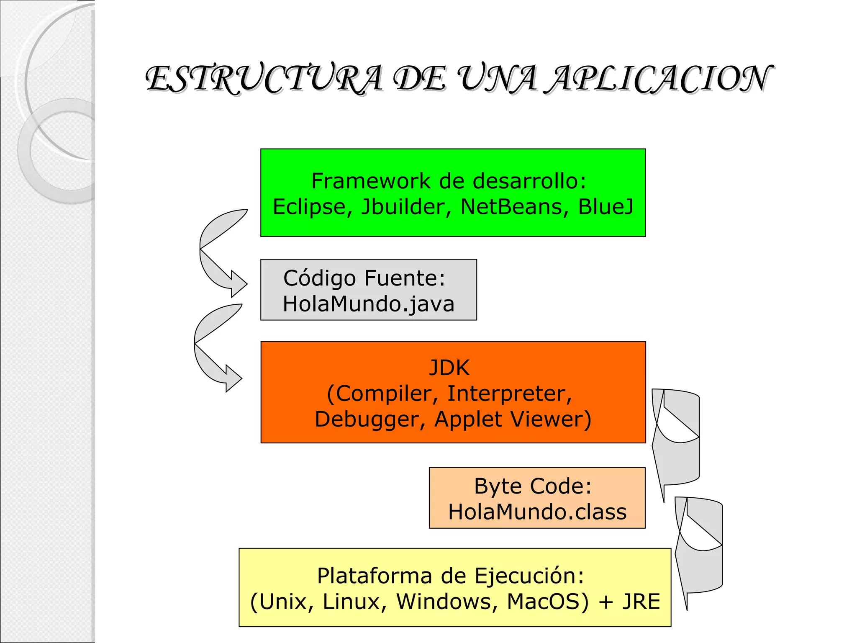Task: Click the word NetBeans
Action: pyautogui.click(x=511, y=207)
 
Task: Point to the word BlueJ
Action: pyautogui.click(x=606, y=207)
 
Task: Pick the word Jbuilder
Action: pyautogui.click(x=403, y=207)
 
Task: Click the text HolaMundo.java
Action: pyautogui.click(x=368, y=304)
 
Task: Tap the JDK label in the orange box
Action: pyautogui.click(x=449, y=368)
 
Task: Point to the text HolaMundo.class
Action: pyautogui.click(x=537, y=512)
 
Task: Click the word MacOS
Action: pyautogui.click(x=547, y=602)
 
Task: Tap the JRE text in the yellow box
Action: pyautogui.click(x=641, y=602)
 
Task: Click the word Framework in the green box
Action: pyautogui.click(x=371, y=181)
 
